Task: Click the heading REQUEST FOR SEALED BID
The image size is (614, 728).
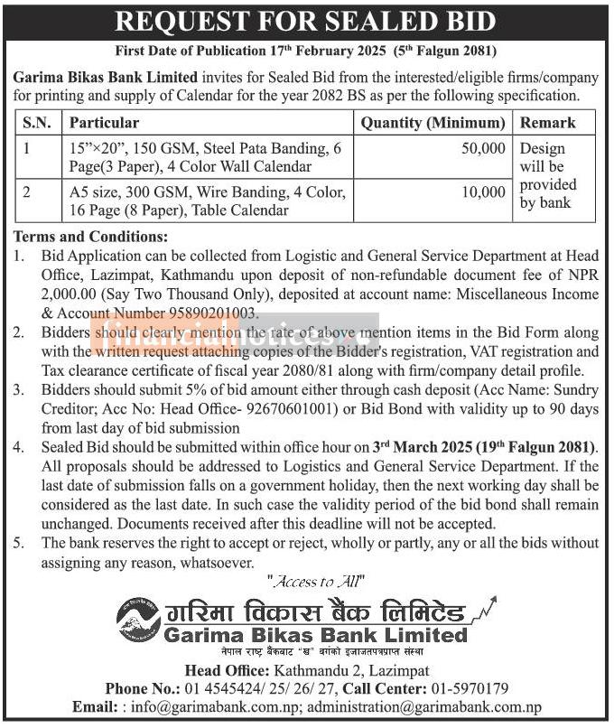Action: [x=307, y=21]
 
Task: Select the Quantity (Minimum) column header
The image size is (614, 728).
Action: [x=433, y=123]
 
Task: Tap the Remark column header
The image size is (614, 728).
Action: [x=547, y=123]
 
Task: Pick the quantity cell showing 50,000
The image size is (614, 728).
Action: [x=483, y=148]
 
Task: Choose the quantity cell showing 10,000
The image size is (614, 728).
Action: [x=483, y=192]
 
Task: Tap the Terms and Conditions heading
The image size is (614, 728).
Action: [x=90, y=237]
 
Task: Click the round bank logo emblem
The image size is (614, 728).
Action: [x=138, y=620]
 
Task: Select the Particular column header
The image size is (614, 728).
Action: [x=104, y=123]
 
